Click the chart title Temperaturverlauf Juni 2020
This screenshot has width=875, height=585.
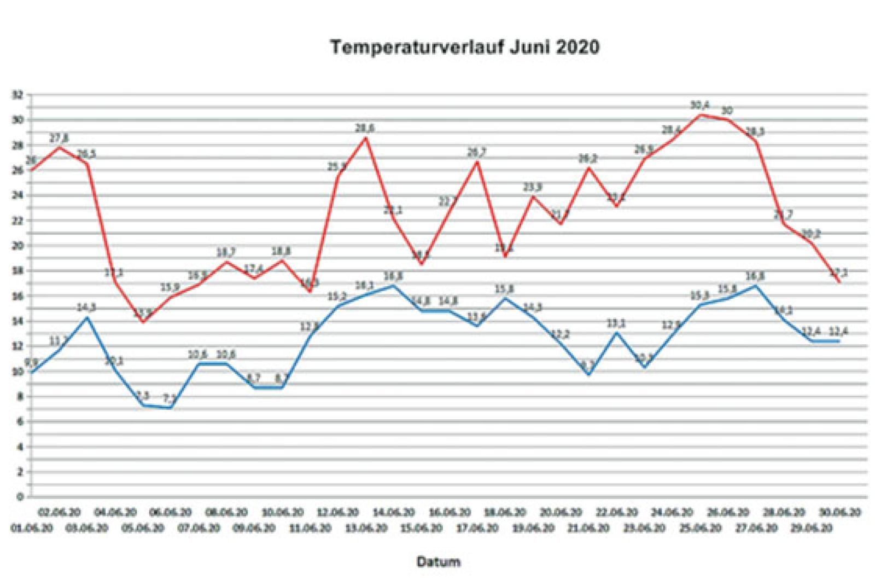pyautogui.click(x=464, y=47)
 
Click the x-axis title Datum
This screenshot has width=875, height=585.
pyautogui.click(x=439, y=561)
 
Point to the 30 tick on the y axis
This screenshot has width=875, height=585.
pyautogui.click(x=19, y=120)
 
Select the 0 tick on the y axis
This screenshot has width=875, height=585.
pyautogui.click(x=20, y=497)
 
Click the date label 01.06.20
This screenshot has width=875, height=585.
pyautogui.click(x=32, y=529)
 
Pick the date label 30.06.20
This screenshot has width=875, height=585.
pyautogui.click(x=839, y=513)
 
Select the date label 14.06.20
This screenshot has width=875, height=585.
pyautogui.click(x=393, y=513)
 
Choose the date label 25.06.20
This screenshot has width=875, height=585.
pyautogui.click(x=700, y=529)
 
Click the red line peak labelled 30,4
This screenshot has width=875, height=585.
pyautogui.click(x=700, y=115)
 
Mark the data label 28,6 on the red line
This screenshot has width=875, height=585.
pyautogui.click(x=365, y=128)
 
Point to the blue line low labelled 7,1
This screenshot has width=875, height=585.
pyautogui.click(x=171, y=407)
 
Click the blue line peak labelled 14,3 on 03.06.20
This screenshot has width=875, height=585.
pyautogui.click(x=86, y=317)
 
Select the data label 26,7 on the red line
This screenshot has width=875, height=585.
pyautogui.click(x=477, y=153)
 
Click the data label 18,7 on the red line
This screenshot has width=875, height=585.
pyautogui.click(x=226, y=252)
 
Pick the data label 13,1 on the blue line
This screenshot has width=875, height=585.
pyautogui.click(x=616, y=323)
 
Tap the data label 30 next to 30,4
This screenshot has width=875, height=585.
pyautogui.click(x=727, y=111)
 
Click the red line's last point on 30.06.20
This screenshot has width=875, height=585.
pyautogui.click(x=839, y=281)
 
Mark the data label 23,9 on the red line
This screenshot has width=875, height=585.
pyautogui.click(x=533, y=187)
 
